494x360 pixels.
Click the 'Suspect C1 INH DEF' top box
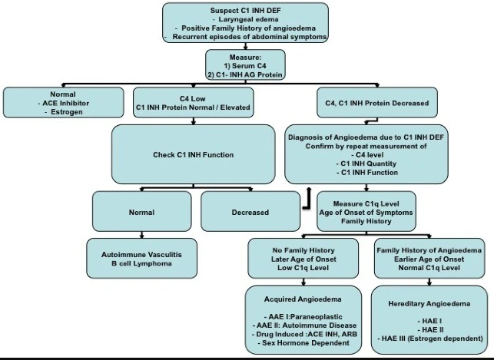[x=246, y=22]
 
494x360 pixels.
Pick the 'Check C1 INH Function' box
[x=193, y=154]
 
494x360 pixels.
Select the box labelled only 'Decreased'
[x=250, y=212]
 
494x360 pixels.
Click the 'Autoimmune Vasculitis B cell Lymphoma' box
[x=141, y=258]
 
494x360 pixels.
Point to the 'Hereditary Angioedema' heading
[x=429, y=304]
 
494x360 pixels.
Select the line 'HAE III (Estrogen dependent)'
[x=429, y=338]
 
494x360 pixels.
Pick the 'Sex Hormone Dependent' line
[x=302, y=343]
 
